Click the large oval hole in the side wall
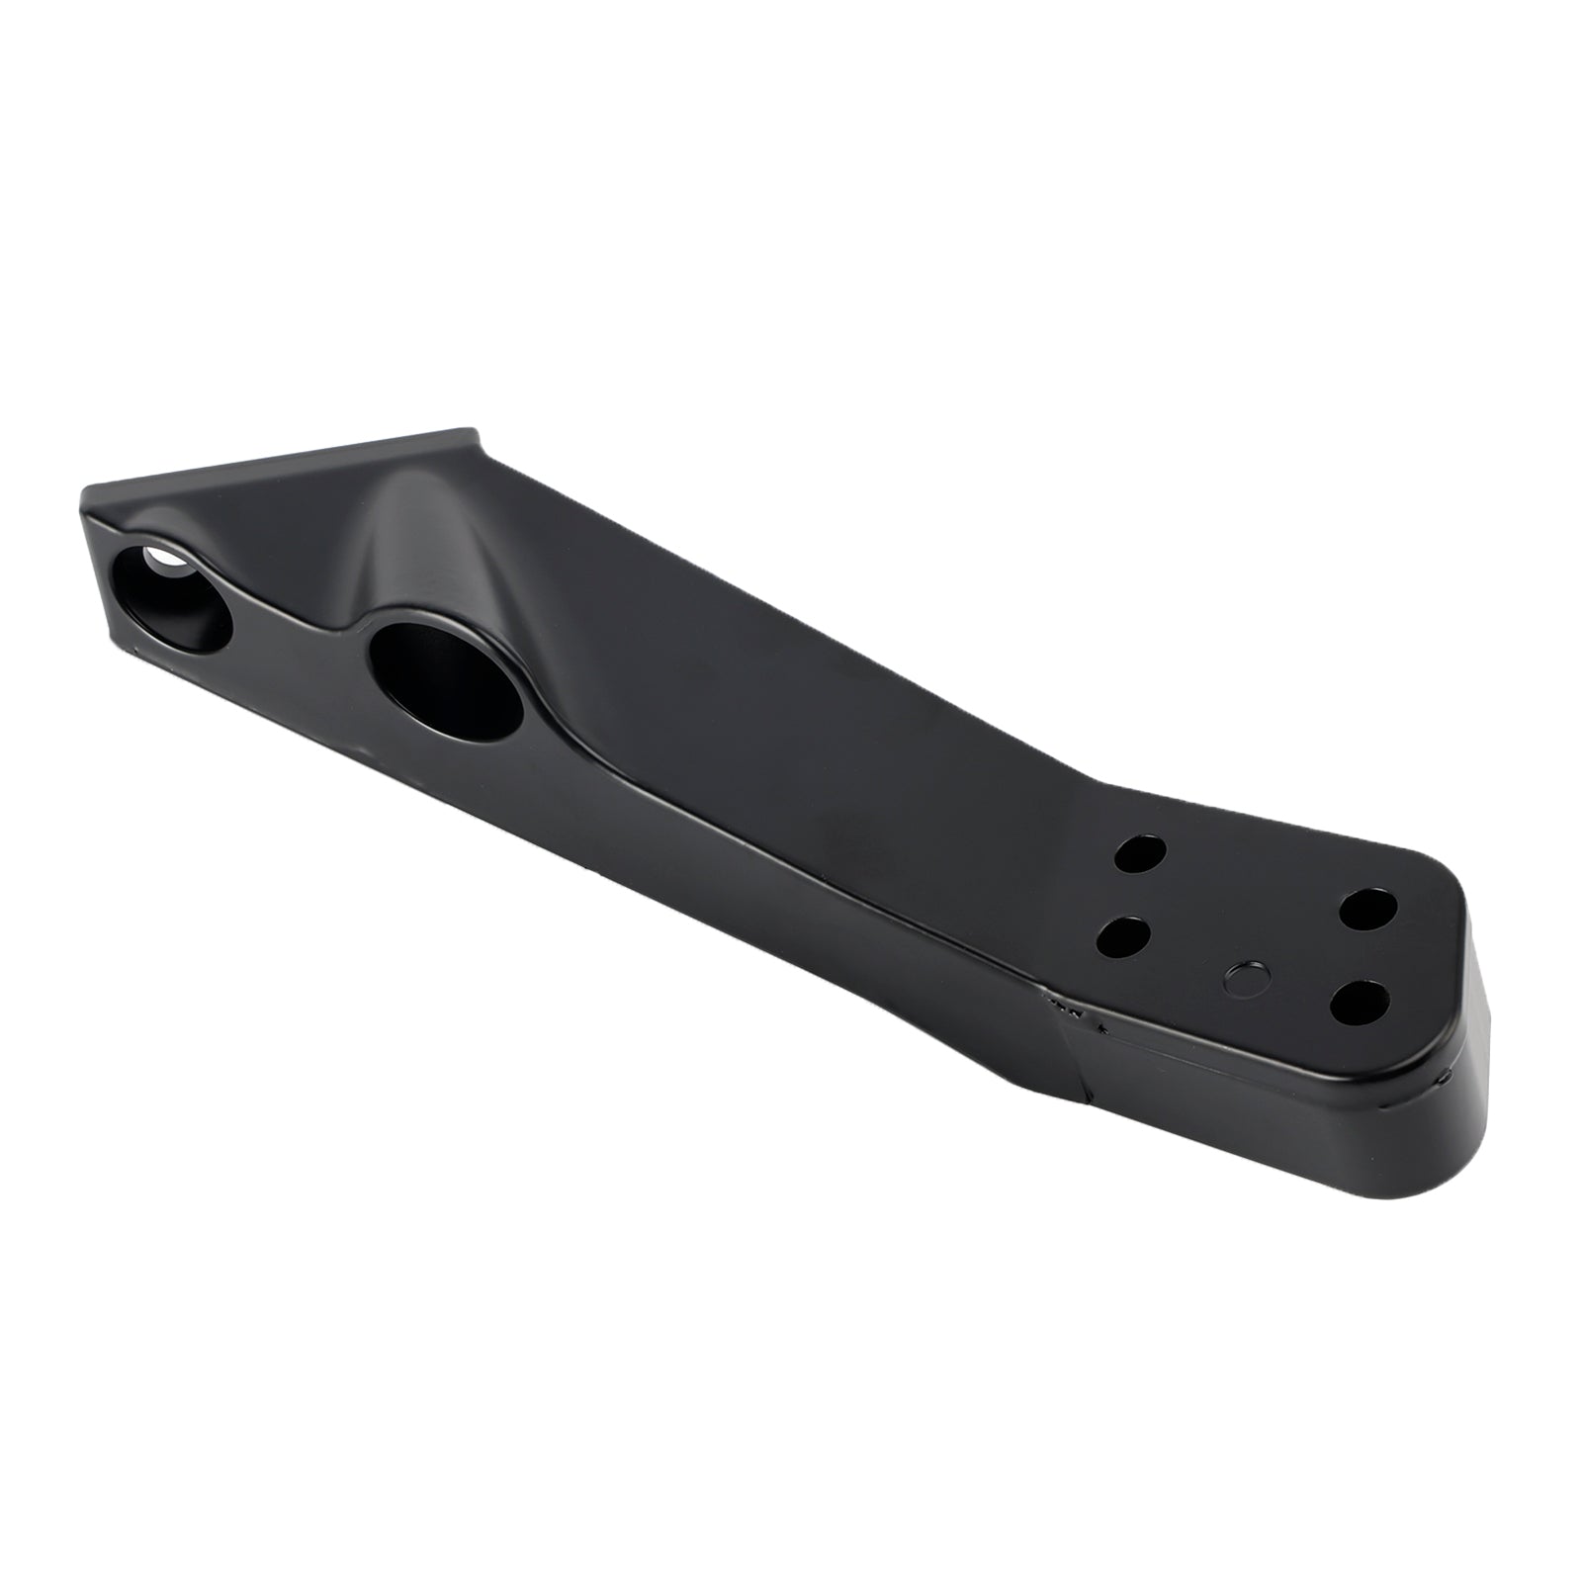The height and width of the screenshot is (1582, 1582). [446, 682]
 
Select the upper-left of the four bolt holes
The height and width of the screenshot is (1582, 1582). [1139, 853]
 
